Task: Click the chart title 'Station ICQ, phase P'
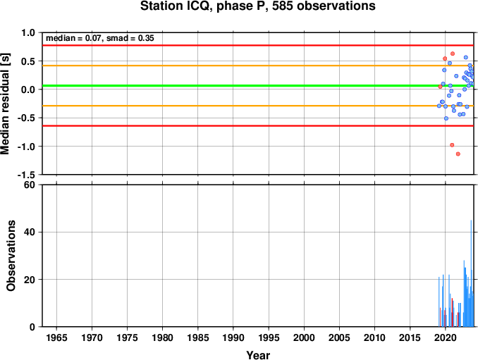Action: [x=204, y=6]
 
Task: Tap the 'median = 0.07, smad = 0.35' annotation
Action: [x=100, y=38]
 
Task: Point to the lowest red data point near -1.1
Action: [x=458, y=154]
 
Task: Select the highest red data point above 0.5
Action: [x=453, y=54]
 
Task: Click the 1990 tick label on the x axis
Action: [x=233, y=337]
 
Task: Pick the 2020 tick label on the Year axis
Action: [x=446, y=337]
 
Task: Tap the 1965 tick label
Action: [x=56, y=337]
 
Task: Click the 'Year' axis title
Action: [x=258, y=355]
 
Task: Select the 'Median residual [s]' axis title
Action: [x=6, y=104]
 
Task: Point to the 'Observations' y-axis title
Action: [x=11, y=256]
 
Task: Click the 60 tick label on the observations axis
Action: [x=29, y=185]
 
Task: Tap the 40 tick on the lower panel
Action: [x=29, y=232]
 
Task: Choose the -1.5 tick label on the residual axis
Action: [x=26, y=175]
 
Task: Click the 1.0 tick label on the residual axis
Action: [x=28, y=32]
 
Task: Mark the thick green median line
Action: [x=258, y=85]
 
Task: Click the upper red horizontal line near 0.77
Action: [x=258, y=45]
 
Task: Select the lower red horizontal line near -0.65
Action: [x=258, y=126]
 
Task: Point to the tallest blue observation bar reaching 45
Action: [x=471, y=273]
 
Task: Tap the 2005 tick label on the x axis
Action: [x=339, y=337]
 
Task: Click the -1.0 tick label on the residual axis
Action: [x=26, y=147]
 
